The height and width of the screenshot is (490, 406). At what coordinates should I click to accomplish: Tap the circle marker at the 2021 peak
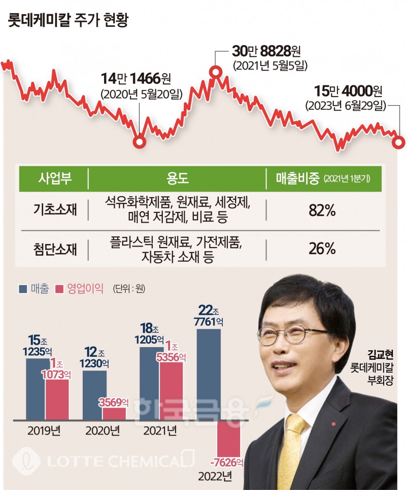tap(215, 72)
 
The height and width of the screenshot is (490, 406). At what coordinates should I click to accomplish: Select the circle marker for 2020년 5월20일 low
tap(139, 142)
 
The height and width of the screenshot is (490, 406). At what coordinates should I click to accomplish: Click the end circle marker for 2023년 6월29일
tap(399, 142)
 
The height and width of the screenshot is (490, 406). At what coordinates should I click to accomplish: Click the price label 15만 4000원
tap(348, 91)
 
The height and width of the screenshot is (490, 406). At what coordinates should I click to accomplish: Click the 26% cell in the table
tap(322, 249)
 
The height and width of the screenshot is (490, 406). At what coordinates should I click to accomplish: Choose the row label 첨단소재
tap(52, 249)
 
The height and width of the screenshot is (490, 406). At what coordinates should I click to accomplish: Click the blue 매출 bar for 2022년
tap(209, 375)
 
